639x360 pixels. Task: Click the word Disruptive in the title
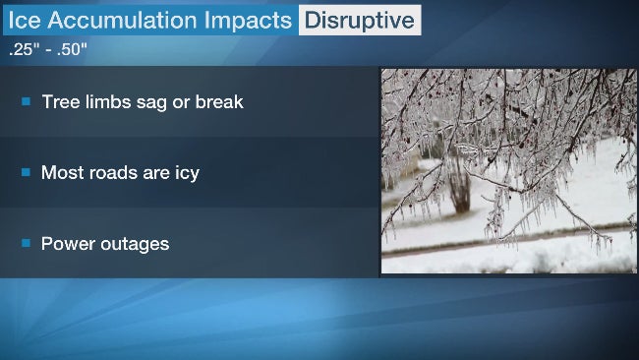click(x=359, y=20)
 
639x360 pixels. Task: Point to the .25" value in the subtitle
click(x=22, y=46)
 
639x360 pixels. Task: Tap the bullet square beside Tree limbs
click(x=27, y=101)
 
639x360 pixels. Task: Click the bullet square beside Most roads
click(x=27, y=172)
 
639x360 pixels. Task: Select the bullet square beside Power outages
click(x=27, y=243)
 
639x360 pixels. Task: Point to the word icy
click(x=184, y=173)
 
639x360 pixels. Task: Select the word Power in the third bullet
click(x=67, y=243)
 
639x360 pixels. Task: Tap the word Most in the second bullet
click(x=61, y=172)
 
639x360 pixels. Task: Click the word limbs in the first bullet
click(x=106, y=101)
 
